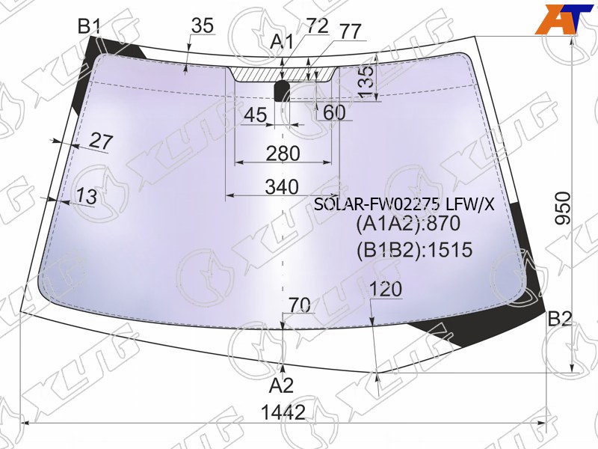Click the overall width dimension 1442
click(283, 412)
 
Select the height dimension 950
click(564, 209)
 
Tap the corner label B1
click(89, 27)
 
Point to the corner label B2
click(559, 320)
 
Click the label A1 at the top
click(282, 41)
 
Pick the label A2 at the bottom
click(281, 385)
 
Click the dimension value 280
click(283, 154)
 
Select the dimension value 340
click(282, 187)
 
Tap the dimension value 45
click(256, 114)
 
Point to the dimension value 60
click(334, 112)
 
